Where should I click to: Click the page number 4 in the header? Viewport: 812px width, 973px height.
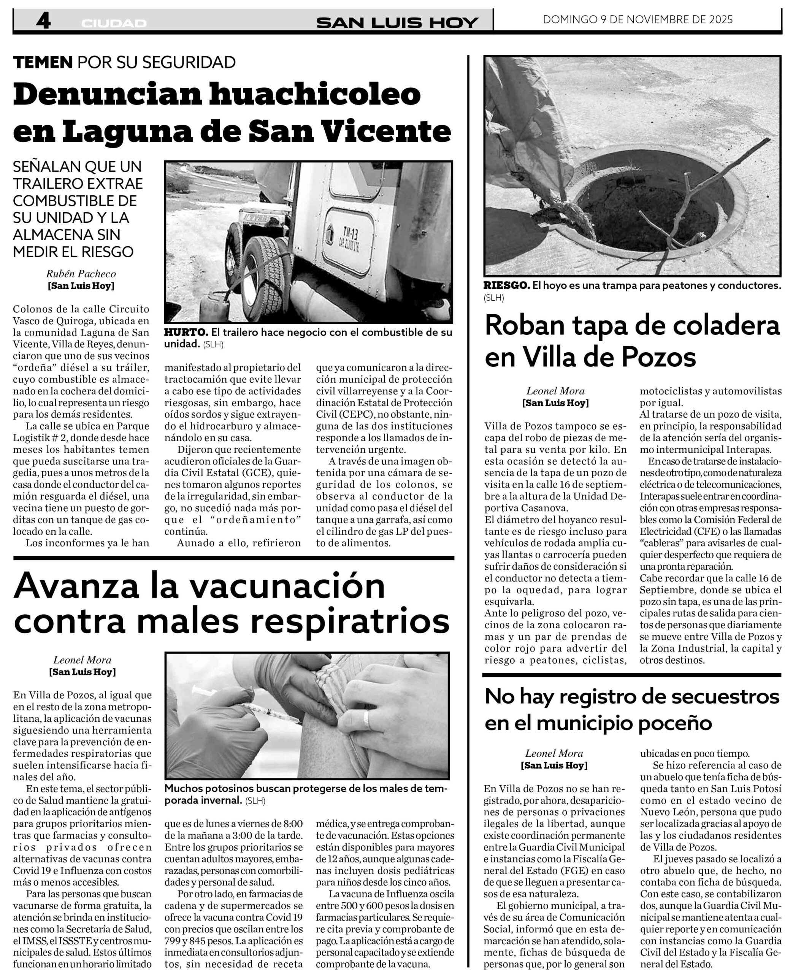(x=43, y=21)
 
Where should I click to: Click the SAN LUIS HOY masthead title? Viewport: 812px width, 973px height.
(x=397, y=22)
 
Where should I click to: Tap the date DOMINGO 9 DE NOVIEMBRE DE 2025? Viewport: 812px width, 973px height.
(x=638, y=19)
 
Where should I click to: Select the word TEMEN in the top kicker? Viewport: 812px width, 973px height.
(x=43, y=62)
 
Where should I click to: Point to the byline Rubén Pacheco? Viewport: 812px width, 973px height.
(x=81, y=274)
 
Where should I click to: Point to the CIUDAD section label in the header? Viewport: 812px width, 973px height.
(x=114, y=23)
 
